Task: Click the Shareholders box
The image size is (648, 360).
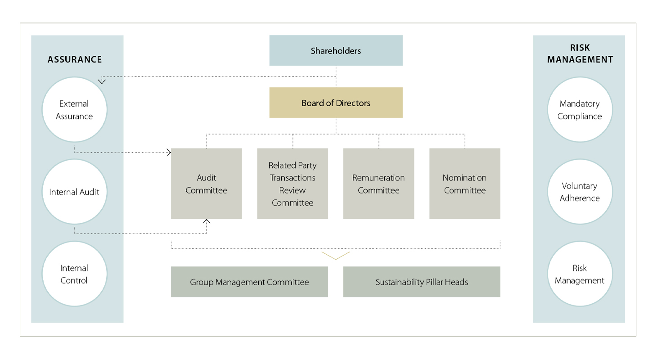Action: (x=336, y=51)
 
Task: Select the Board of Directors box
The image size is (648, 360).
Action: (x=336, y=103)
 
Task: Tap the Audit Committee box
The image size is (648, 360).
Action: (x=206, y=184)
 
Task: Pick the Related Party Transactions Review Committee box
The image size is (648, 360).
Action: (x=292, y=184)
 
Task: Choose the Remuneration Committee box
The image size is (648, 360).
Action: (x=379, y=184)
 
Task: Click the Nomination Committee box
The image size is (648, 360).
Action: (x=465, y=184)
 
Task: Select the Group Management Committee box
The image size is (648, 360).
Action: (x=249, y=282)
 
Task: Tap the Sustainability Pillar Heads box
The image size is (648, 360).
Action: (x=422, y=282)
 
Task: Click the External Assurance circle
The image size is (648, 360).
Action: (x=74, y=110)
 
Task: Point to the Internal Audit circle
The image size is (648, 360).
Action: (x=74, y=192)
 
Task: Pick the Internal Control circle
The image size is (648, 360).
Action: (x=74, y=274)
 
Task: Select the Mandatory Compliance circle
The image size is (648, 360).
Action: (x=580, y=110)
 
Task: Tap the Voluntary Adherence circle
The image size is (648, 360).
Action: (x=580, y=192)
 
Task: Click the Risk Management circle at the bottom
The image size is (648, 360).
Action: (x=580, y=274)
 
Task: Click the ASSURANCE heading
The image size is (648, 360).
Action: (x=75, y=59)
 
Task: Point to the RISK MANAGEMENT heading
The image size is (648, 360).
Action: (x=580, y=54)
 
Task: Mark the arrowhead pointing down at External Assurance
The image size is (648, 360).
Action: (x=102, y=81)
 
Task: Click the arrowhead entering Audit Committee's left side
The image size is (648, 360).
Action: (x=169, y=152)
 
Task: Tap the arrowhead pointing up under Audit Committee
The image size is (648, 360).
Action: (x=206, y=221)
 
